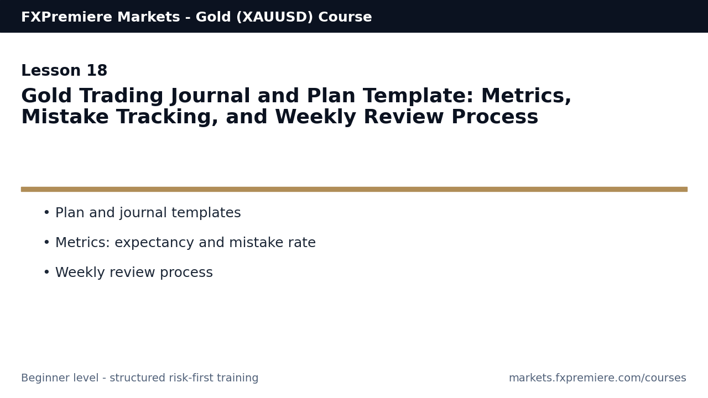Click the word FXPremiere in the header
tap(66, 17)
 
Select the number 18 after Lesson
tap(97, 70)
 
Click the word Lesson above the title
tap(50, 70)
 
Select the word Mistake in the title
tap(65, 117)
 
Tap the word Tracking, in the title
tap(167, 117)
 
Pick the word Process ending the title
tap(494, 117)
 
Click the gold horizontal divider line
tap(354, 189)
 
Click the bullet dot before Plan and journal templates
tap(47, 213)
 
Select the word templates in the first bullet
tap(206, 213)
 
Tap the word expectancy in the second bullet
tap(154, 243)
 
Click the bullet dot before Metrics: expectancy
tap(47, 242)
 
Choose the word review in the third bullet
tap(132, 273)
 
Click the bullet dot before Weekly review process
tap(47, 272)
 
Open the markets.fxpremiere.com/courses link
tap(597, 378)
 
